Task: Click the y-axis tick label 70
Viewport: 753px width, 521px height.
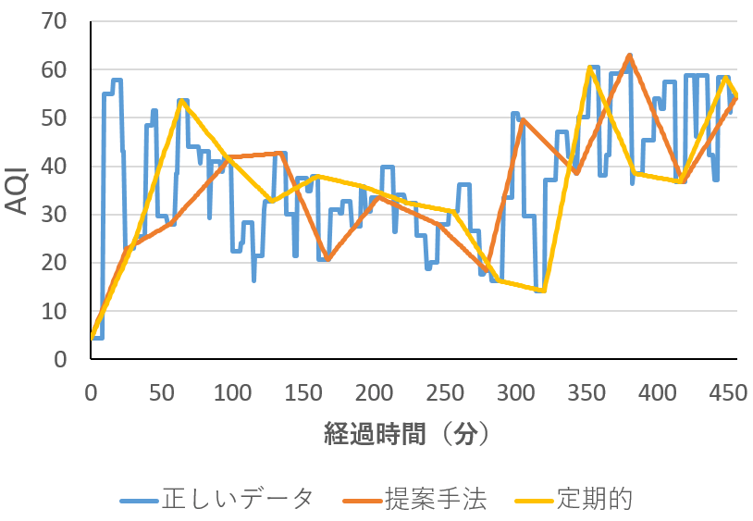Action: (x=54, y=21)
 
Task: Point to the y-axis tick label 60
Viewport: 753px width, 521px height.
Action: (x=54, y=70)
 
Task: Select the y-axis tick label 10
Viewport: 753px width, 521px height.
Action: (x=54, y=312)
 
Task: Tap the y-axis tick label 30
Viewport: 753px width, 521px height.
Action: (x=54, y=215)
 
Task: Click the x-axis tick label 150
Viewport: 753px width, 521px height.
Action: (x=303, y=393)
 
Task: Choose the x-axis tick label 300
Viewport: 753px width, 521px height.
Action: (x=516, y=393)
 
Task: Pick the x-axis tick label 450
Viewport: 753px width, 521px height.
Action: (x=728, y=393)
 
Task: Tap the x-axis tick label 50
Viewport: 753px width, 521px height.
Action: (x=161, y=393)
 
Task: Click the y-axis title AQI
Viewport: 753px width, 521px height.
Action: (x=16, y=191)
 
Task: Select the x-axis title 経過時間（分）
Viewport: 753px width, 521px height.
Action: (x=407, y=434)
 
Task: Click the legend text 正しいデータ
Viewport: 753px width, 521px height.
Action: (x=238, y=500)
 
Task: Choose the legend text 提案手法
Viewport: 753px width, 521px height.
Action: (x=435, y=500)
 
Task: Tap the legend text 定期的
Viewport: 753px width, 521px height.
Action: (x=595, y=500)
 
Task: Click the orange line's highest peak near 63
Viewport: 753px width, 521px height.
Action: (x=629, y=56)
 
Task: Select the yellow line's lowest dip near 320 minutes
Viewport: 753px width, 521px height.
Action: (x=544, y=291)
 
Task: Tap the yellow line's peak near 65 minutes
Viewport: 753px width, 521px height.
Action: (x=181, y=100)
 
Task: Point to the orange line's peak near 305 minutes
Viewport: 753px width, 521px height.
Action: (x=523, y=119)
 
